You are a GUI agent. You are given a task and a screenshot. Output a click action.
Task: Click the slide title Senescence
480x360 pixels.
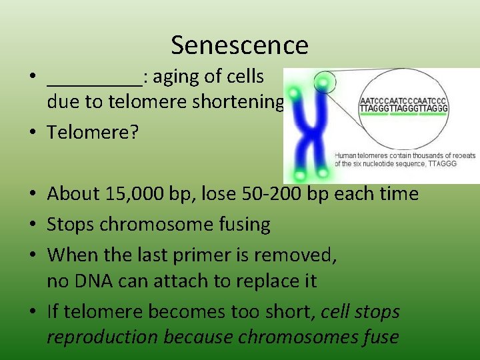[x=239, y=45]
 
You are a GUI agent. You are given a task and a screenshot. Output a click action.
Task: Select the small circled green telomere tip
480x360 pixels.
[x=324, y=83]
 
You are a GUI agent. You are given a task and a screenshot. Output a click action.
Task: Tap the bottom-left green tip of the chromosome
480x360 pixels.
[x=300, y=175]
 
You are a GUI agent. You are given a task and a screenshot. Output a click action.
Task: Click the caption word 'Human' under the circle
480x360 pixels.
[x=347, y=156]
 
